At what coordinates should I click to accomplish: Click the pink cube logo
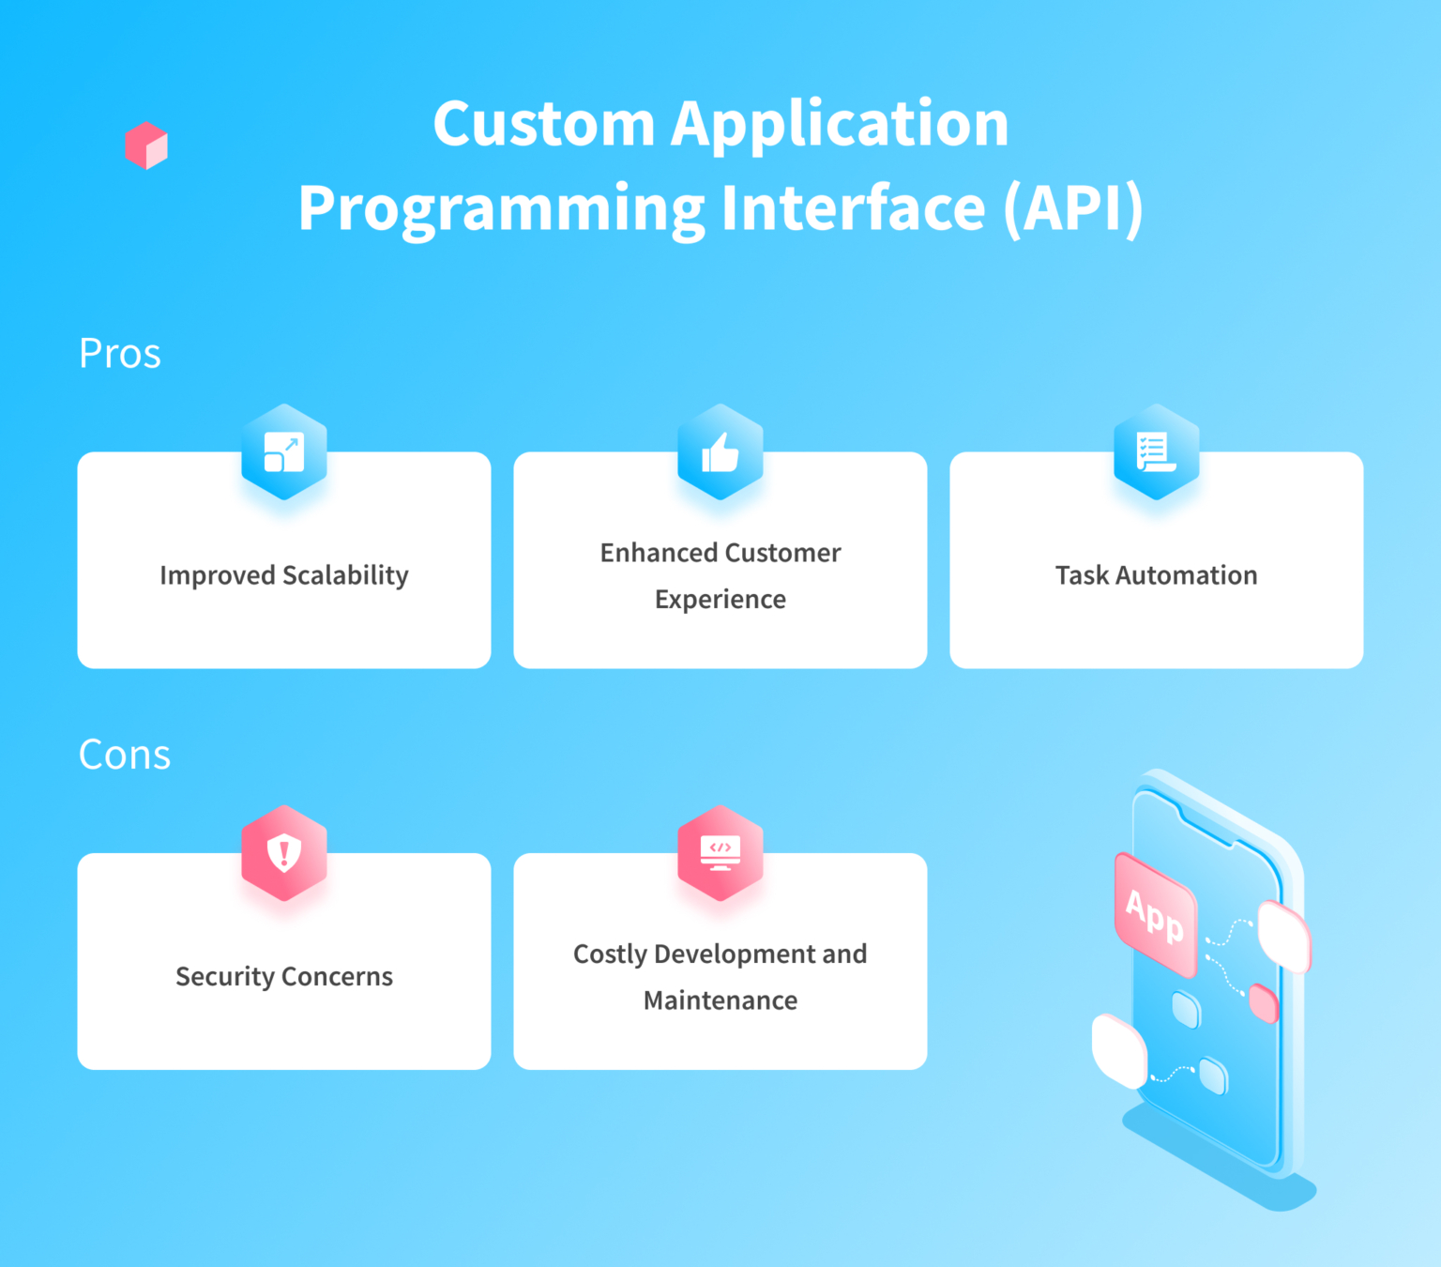point(146,145)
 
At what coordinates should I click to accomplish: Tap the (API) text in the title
point(1073,207)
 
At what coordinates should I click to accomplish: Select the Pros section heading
point(120,354)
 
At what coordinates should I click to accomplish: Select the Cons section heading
point(125,755)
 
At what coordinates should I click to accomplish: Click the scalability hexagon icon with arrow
point(284,452)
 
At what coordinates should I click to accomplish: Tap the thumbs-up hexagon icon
point(720,452)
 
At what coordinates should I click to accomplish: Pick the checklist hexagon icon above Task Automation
point(1156,452)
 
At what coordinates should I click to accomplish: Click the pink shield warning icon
point(284,853)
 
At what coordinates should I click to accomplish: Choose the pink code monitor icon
point(720,853)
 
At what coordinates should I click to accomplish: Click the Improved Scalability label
point(284,575)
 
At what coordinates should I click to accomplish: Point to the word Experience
point(720,599)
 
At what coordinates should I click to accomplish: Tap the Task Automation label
point(1156,575)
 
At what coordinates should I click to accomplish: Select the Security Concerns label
point(284,976)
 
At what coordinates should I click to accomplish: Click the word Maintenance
point(720,1000)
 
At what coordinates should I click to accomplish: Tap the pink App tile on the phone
point(1155,915)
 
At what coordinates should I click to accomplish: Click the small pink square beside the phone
point(1264,1003)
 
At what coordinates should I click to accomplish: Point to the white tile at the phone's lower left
point(1119,1051)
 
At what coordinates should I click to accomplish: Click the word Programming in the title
point(501,207)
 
